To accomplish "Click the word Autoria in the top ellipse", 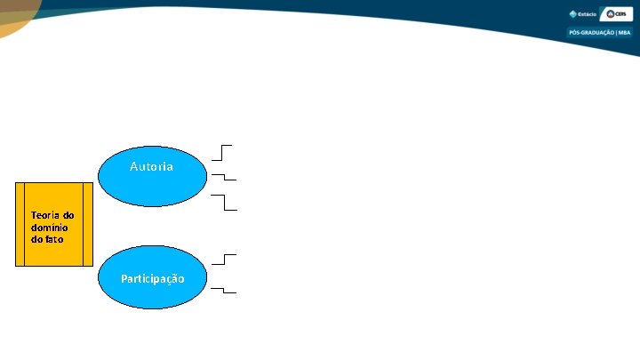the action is tap(151, 167).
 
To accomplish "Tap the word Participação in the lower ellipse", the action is tap(153, 279).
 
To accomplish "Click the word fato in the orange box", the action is tap(54, 239).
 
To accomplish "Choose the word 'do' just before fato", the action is tap(36, 239).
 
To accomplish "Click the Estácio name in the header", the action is tap(588, 14).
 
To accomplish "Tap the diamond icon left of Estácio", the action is tap(573, 14).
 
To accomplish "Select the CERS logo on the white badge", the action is tap(616, 14).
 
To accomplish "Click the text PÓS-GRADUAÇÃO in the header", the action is tap(590, 33).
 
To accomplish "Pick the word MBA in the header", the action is tap(623, 33).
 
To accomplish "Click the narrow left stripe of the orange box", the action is tap(20, 224).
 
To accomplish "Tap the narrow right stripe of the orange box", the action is tap(87, 224).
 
